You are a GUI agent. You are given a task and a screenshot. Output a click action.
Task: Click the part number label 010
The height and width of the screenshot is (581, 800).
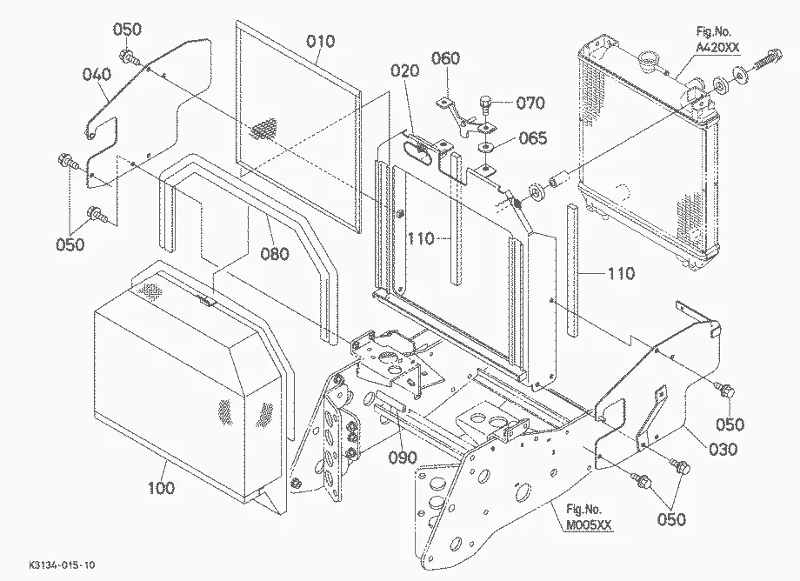point(320,42)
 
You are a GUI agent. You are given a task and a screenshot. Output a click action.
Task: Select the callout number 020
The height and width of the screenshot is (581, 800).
point(404,71)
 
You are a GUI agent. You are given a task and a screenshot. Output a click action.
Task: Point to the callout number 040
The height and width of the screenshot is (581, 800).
point(97,76)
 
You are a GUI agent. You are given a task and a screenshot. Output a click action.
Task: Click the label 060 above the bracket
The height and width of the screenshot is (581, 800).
point(446,58)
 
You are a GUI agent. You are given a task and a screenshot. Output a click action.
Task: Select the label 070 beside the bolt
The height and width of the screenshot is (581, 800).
point(530,103)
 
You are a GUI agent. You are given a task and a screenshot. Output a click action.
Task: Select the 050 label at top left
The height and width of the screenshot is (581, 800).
point(127,30)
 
